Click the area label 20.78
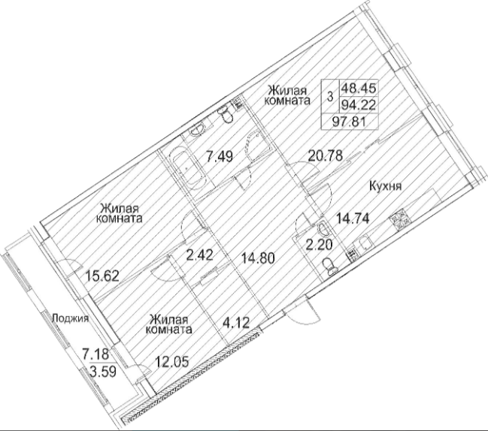(x=326, y=155)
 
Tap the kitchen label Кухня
(x=385, y=186)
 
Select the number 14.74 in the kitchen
(x=353, y=219)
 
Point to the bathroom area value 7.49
(x=220, y=156)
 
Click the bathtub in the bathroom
(x=188, y=167)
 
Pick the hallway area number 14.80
(x=259, y=258)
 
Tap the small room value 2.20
(x=319, y=246)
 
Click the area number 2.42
(x=199, y=255)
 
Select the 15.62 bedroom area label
(x=102, y=276)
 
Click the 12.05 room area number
(x=171, y=361)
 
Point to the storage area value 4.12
(x=236, y=323)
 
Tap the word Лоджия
(x=71, y=318)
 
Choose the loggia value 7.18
(x=95, y=354)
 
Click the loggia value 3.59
(x=103, y=371)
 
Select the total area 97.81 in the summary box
(x=349, y=121)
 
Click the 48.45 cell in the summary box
(x=359, y=88)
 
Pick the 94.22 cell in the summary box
(x=359, y=104)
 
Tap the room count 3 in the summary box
(x=330, y=96)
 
